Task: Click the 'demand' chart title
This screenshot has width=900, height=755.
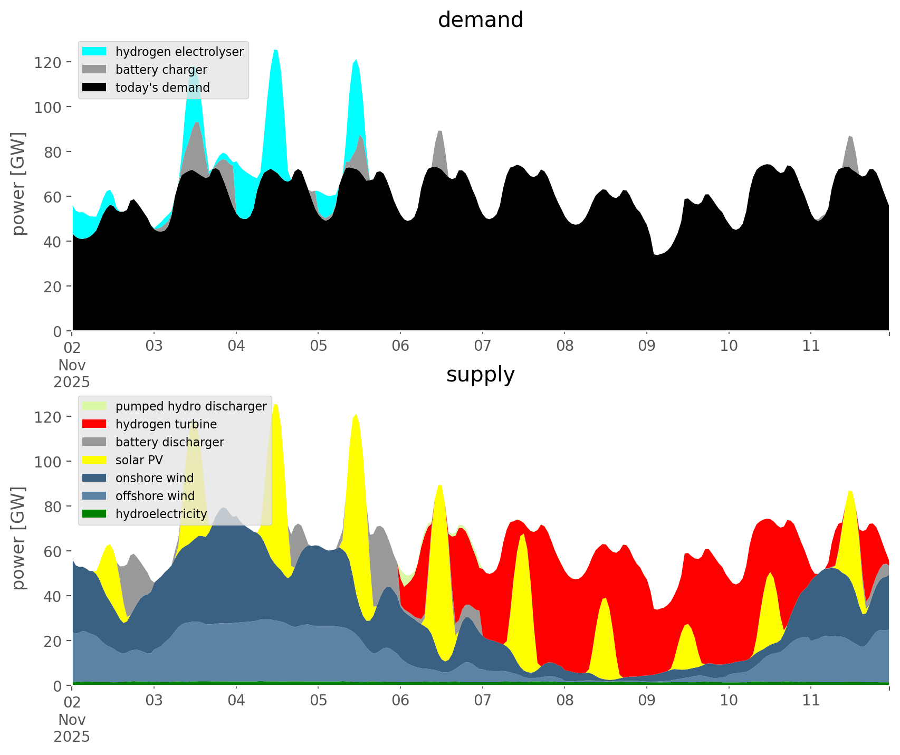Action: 480,20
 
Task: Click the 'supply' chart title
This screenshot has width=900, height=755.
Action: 480,375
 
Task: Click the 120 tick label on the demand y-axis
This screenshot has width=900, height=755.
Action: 48,62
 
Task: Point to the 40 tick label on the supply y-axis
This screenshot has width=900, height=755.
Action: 53,596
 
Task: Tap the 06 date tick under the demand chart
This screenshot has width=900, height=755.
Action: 400,346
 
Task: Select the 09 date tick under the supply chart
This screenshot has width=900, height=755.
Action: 647,701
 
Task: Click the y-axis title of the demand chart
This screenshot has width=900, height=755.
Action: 18,184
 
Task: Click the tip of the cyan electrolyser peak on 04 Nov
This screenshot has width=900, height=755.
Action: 276,50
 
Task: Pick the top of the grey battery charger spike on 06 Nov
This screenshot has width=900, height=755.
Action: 440,131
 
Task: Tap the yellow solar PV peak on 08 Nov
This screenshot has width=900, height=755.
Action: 605,599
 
